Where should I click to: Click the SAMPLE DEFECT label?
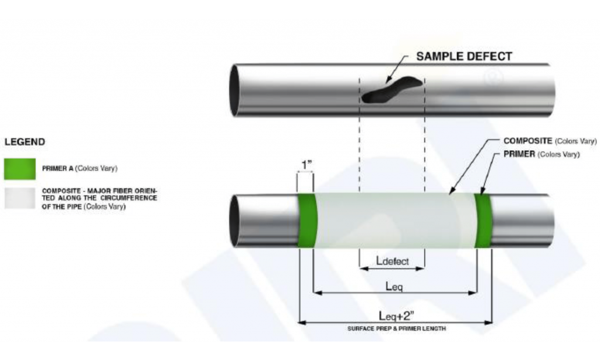coord(464,57)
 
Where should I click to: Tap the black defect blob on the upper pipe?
coord(390,90)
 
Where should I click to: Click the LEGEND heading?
coord(25,142)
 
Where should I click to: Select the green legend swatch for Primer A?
coord(19,169)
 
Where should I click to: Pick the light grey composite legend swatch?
coord(19,198)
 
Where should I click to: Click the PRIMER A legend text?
coord(80,169)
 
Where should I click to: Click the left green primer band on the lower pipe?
coord(307,220)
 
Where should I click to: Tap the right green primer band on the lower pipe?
coord(483,220)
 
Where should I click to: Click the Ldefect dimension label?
coord(392,260)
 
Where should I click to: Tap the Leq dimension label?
coord(394,286)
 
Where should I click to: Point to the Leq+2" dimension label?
coord(395,315)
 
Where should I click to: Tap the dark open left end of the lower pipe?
coord(234,220)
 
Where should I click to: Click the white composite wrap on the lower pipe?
coord(393,220)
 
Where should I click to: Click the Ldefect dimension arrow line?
coord(391,269)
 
